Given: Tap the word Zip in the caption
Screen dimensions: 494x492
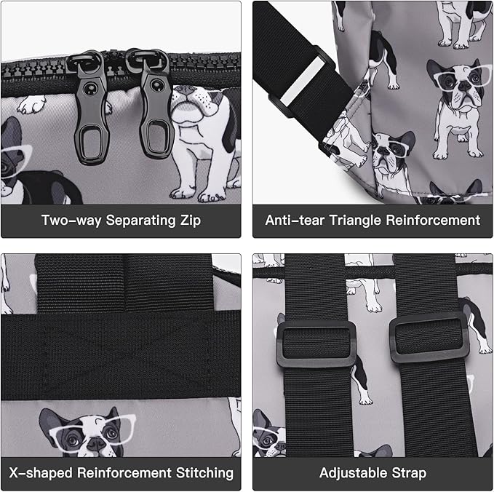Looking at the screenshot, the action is [191, 221].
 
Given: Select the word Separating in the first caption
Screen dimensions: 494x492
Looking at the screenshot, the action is [140, 221].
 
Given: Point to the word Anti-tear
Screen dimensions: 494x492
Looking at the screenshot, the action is [295, 220].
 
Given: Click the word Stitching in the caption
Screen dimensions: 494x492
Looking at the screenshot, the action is [204, 473].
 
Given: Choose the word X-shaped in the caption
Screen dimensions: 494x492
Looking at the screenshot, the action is [41, 473].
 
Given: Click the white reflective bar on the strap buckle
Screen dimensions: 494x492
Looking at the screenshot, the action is [302, 82].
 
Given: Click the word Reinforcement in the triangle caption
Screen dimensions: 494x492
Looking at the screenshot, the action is [433, 220].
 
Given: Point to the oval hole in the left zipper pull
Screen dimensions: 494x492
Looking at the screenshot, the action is [92, 143].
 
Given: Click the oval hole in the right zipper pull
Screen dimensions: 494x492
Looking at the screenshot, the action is [156, 136].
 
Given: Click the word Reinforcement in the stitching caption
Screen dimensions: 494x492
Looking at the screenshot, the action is [124, 473].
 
